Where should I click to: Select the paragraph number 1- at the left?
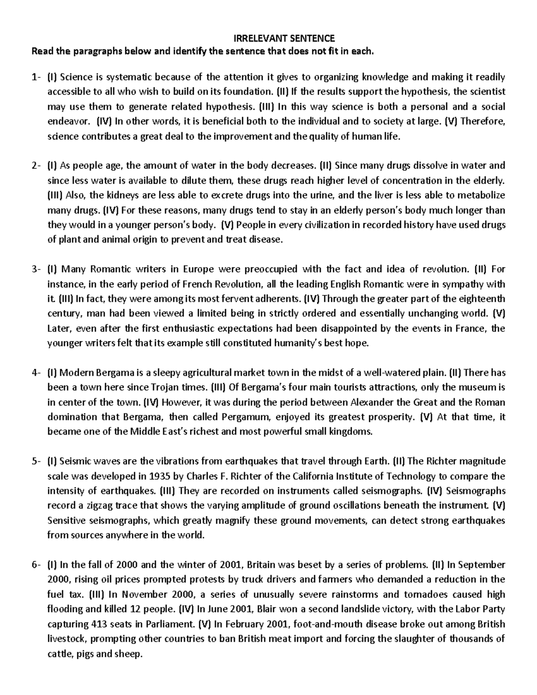click(x=36, y=77)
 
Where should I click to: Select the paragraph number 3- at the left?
click(x=36, y=269)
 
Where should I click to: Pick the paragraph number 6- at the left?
click(x=36, y=564)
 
